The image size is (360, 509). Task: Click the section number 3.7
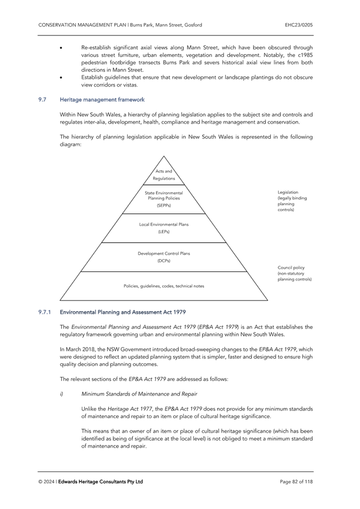click(42, 100)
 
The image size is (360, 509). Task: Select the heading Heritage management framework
click(102, 100)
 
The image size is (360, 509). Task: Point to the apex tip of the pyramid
click(163, 156)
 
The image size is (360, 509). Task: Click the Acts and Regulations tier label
click(163, 175)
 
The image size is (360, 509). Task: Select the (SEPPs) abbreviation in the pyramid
click(163, 205)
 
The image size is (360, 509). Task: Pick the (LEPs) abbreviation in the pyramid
click(163, 232)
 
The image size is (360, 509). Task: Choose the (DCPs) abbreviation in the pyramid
click(163, 261)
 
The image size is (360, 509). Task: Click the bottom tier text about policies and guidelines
click(163, 286)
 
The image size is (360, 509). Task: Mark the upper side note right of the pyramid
click(292, 201)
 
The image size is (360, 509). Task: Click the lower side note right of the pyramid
click(294, 274)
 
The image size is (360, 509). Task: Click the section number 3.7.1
click(45, 312)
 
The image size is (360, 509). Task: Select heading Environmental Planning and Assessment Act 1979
click(123, 312)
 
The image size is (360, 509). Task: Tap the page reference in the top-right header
click(299, 25)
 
